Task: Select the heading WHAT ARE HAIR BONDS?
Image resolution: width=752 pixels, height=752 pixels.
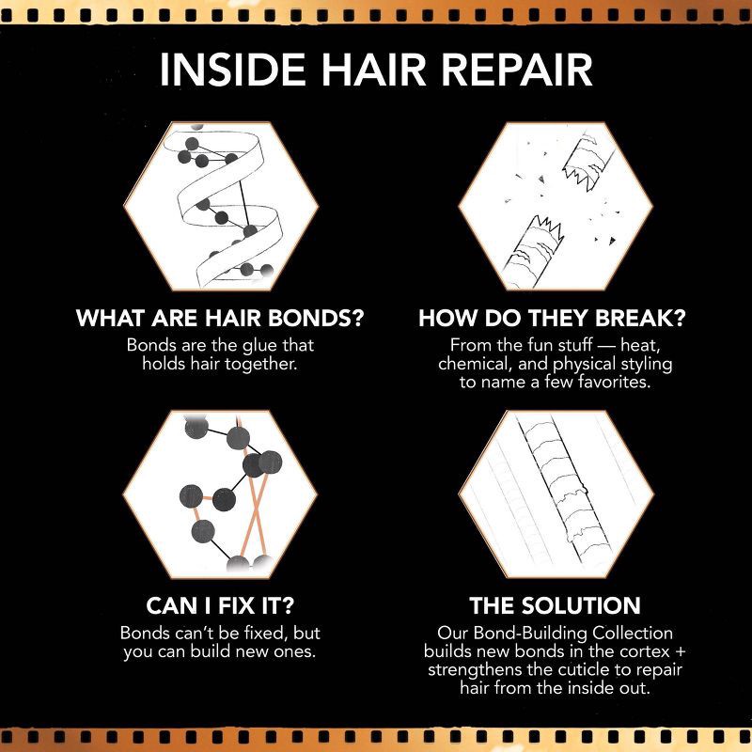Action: point(219,318)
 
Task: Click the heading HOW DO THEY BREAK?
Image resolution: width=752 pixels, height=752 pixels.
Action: point(553,318)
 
